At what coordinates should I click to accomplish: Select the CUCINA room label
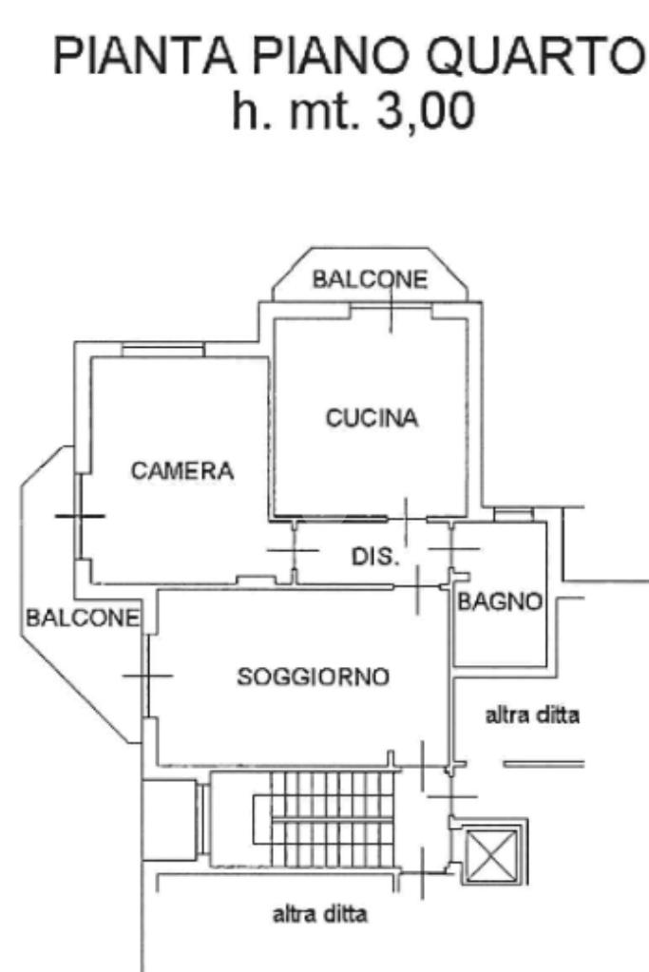(372, 418)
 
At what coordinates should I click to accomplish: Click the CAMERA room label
(182, 470)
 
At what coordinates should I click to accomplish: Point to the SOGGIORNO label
(313, 677)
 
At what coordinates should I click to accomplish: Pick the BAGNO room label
(500, 601)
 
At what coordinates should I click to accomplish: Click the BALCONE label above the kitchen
(371, 279)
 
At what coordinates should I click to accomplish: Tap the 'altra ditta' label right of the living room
(532, 715)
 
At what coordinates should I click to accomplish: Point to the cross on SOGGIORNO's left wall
(148, 677)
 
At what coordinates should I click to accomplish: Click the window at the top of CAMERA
(162, 351)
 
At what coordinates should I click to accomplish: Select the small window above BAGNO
(513, 515)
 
